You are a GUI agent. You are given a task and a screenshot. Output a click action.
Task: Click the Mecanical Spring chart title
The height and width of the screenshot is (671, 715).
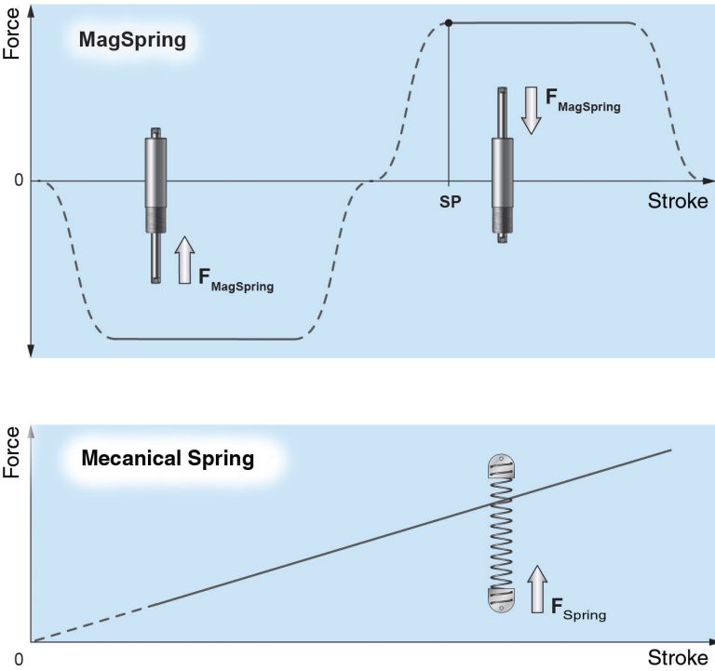pos(168,459)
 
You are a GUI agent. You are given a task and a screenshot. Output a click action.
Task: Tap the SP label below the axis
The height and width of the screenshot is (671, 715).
pos(451,201)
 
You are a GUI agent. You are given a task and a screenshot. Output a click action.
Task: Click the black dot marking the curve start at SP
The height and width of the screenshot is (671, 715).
pos(449,22)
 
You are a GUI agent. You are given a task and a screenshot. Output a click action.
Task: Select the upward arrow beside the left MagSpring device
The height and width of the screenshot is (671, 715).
pos(184,259)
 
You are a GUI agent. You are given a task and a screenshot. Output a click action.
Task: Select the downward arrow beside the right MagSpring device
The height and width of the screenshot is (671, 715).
pos(530,110)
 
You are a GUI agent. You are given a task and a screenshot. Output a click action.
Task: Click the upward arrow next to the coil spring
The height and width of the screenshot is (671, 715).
pos(538,588)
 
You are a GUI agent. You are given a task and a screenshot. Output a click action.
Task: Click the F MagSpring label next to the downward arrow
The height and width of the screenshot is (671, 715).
pos(583,100)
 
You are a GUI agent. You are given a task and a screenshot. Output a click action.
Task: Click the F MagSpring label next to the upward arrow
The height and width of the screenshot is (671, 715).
pos(236,279)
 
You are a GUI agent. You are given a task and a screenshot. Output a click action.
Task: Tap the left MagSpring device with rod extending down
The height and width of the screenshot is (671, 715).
pos(156,205)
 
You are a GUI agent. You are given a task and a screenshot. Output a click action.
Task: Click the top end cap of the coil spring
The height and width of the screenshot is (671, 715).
pos(502,465)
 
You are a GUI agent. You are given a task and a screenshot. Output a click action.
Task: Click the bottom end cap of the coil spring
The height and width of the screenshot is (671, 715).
pos(502,599)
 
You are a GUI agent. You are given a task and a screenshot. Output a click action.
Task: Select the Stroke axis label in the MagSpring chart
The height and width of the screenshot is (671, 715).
pos(677,202)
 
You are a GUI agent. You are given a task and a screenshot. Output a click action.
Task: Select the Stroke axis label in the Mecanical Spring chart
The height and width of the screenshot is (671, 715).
pos(677,658)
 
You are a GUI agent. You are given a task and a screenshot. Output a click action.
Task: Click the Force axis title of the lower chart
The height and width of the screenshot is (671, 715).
pos(12,452)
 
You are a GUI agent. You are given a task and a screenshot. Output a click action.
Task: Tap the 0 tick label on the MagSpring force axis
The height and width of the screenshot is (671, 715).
pos(18,181)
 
